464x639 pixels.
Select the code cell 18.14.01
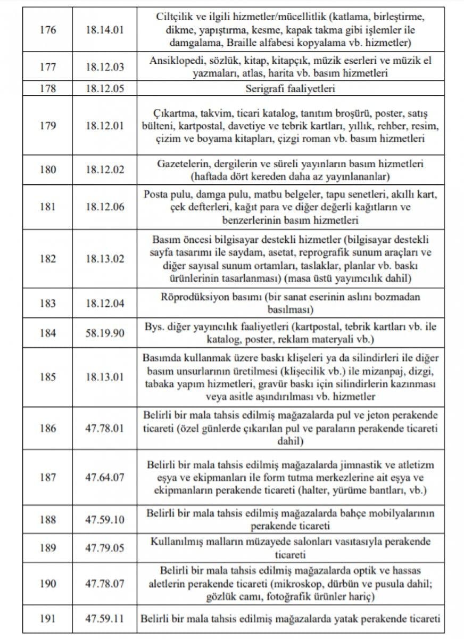coord(104,29)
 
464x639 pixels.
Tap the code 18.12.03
coord(104,67)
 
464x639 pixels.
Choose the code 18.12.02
coord(104,170)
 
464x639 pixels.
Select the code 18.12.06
coord(104,207)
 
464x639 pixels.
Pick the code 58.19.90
coord(104,333)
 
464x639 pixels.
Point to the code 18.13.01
coord(104,378)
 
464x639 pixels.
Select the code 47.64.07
coord(104,477)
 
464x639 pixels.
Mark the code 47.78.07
coord(104,584)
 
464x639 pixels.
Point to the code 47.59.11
coord(104,619)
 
